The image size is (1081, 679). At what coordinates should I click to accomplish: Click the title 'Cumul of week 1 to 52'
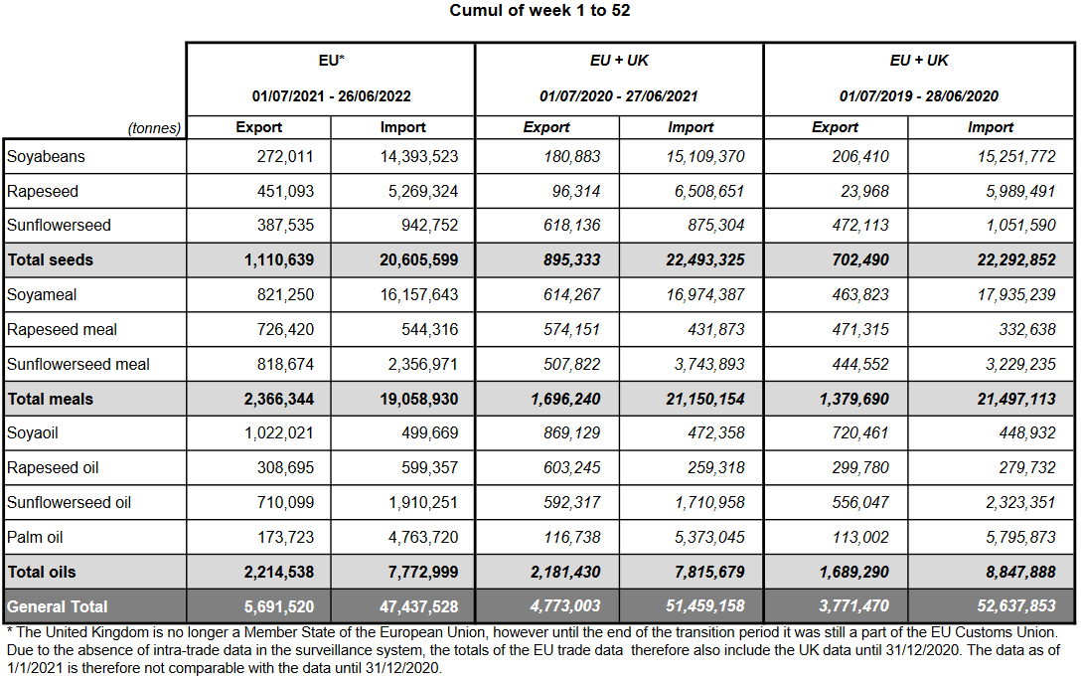[x=540, y=11]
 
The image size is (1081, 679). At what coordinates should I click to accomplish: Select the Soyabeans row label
[x=46, y=156]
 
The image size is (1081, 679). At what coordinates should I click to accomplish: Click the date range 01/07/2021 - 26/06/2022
[x=331, y=96]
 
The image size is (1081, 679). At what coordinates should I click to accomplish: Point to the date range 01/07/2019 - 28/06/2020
[x=918, y=96]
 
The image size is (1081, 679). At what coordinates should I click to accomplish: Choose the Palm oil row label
[x=36, y=537]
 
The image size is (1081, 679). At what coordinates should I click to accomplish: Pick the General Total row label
[x=58, y=606]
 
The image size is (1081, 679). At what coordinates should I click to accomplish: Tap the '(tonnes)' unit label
[x=154, y=128]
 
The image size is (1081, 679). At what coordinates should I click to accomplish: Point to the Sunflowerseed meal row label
[x=78, y=364]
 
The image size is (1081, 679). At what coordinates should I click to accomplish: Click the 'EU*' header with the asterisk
[x=331, y=61]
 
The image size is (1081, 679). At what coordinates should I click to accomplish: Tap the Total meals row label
[x=50, y=399]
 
